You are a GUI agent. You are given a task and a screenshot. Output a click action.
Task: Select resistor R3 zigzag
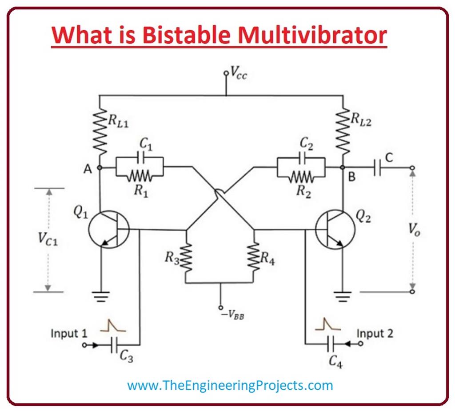[x=186, y=257]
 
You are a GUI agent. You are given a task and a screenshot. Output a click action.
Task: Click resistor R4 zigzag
[x=254, y=257]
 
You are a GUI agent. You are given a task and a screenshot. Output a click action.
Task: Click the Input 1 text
[x=69, y=333]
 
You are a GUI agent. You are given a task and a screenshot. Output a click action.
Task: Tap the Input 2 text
[x=375, y=333]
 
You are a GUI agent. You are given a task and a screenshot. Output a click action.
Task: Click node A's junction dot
[x=99, y=168]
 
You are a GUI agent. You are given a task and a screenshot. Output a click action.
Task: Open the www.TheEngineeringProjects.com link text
[x=230, y=385]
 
